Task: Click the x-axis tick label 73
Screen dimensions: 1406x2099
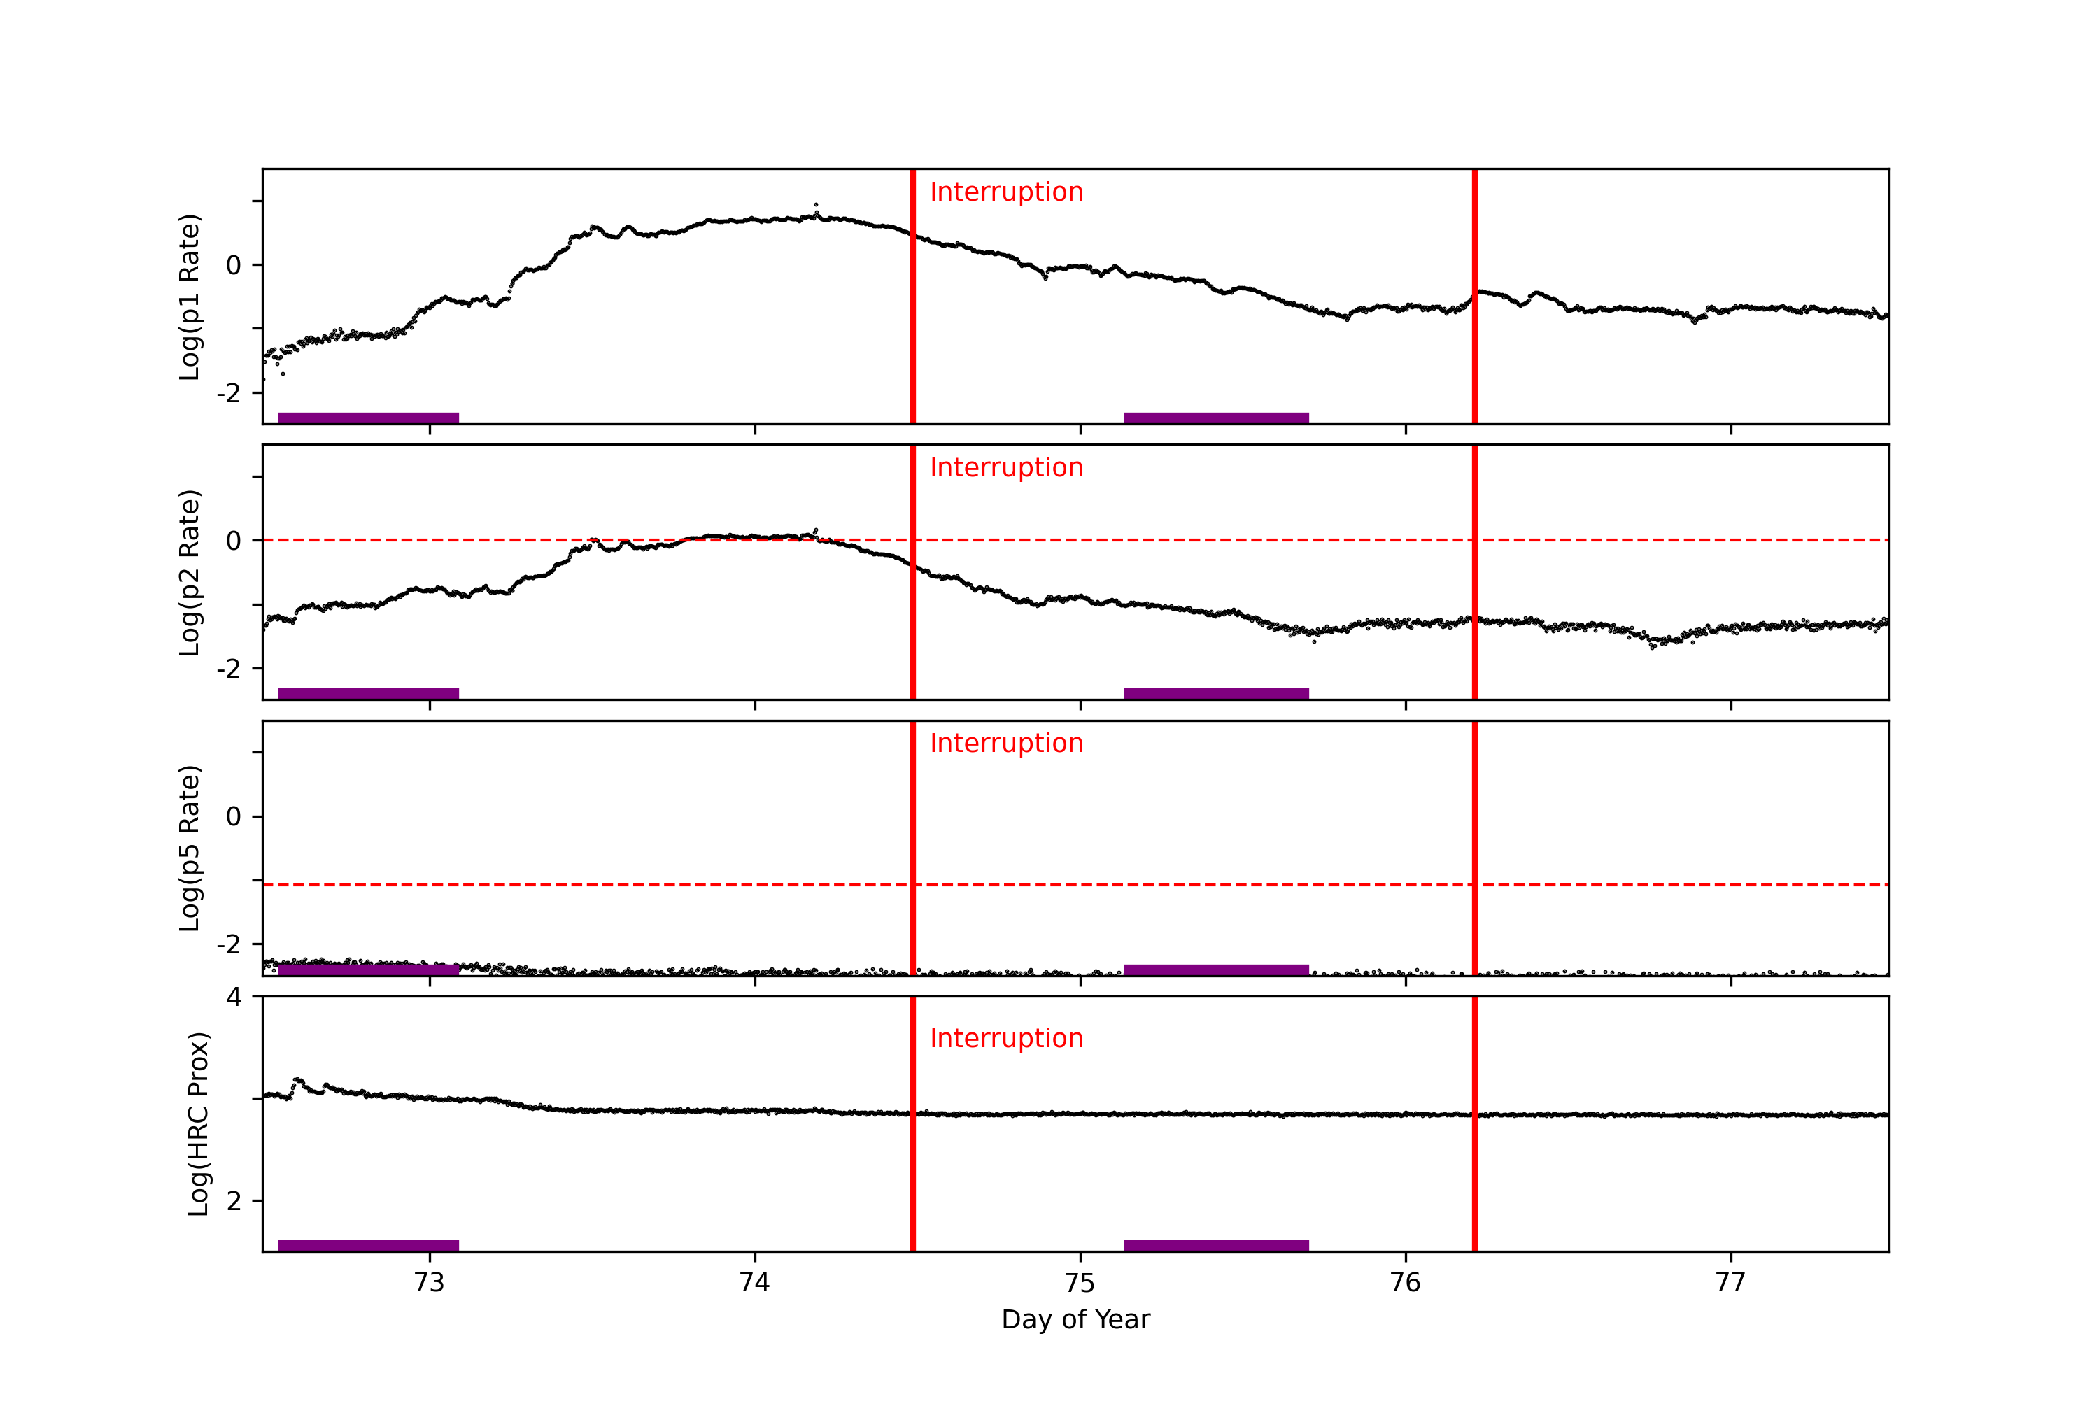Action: [x=430, y=1283]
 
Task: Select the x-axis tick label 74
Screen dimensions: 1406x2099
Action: [x=755, y=1283]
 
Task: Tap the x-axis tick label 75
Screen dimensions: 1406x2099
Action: [x=1080, y=1283]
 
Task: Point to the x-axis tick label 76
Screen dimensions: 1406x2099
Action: [x=1405, y=1283]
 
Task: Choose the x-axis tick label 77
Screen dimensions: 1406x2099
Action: [x=1730, y=1283]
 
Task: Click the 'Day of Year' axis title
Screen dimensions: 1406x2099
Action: [x=1075, y=1320]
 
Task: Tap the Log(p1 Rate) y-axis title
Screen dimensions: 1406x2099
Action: [x=189, y=297]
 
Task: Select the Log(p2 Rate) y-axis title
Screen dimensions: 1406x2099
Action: [x=189, y=572]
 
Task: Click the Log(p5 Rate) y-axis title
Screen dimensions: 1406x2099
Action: [x=189, y=848]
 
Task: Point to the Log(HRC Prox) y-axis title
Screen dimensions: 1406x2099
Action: [x=198, y=1123]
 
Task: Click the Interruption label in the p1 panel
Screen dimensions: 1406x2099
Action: [x=1006, y=192]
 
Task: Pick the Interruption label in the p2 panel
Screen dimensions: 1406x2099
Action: [x=1006, y=467]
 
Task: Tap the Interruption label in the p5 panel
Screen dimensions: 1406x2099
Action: [x=1006, y=744]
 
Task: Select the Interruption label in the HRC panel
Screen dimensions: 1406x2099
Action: [x=1006, y=1038]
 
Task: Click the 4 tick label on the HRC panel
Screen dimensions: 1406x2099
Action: [x=234, y=997]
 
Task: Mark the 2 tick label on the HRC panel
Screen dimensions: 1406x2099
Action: [x=234, y=1200]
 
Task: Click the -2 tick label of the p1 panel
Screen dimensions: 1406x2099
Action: [x=229, y=392]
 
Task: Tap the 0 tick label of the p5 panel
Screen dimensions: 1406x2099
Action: [x=234, y=817]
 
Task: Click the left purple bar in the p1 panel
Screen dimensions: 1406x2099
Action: [x=369, y=418]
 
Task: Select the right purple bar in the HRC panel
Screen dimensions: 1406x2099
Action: [x=1216, y=1246]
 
